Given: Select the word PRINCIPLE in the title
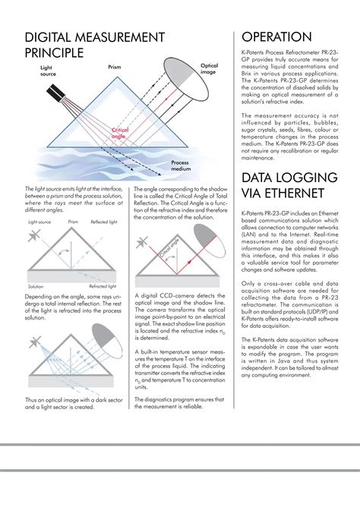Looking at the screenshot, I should (x=53, y=53).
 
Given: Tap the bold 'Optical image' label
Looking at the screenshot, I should (x=209, y=70).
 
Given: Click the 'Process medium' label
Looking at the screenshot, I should (x=180, y=165).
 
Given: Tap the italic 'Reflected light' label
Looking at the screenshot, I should (x=104, y=222).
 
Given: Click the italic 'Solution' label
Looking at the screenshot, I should (x=36, y=287).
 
